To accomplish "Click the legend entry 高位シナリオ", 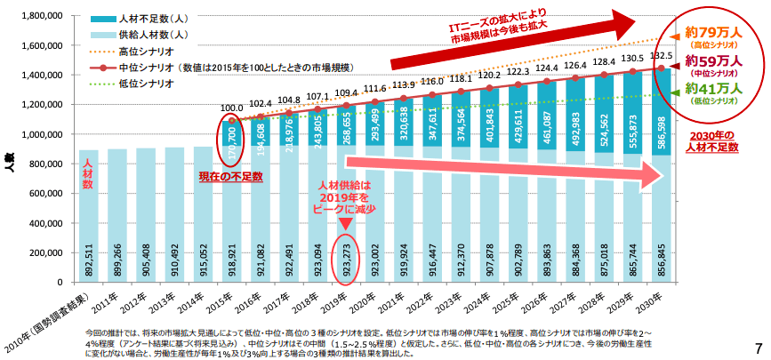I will [x=147, y=51].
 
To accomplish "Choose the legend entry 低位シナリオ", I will [x=147, y=83].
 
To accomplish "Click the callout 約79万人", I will [x=714, y=33].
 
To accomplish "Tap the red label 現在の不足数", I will [x=231, y=177].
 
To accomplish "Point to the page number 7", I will [x=758, y=347].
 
